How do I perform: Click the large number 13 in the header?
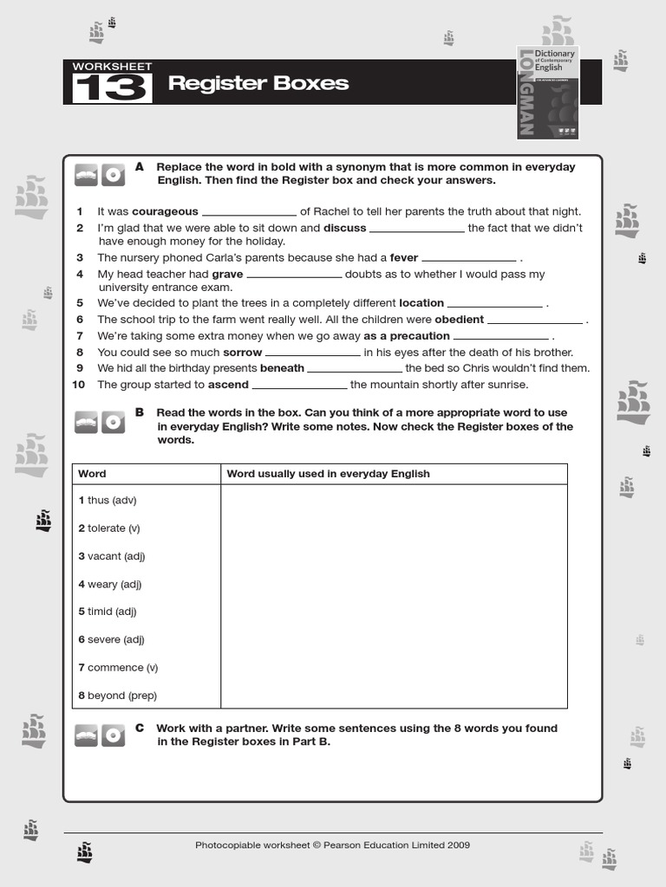[x=112, y=88]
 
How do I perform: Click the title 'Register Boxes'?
[x=258, y=83]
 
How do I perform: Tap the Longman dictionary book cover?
[x=547, y=93]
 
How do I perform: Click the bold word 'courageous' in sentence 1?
[x=165, y=211]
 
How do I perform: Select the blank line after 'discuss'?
[x=416, y=230]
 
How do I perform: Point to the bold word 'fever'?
[x=404, y=257]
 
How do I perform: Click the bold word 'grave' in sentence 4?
[x=227, y=274]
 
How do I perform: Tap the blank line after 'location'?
[x=494, y=304]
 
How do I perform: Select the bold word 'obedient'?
[x=459, y=320]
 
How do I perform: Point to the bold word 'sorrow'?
[x=243, y=353]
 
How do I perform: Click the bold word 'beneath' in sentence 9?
[x=282, y=368]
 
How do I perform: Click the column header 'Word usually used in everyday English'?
[x=328, y=474]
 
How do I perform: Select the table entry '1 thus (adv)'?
[x=108, y=501]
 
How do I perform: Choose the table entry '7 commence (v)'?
[x=118, y=668]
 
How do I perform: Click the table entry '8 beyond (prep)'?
[x=118, y=696]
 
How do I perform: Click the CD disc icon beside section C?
[x=112, y=735]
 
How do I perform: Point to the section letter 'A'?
[x=140, y=166]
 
